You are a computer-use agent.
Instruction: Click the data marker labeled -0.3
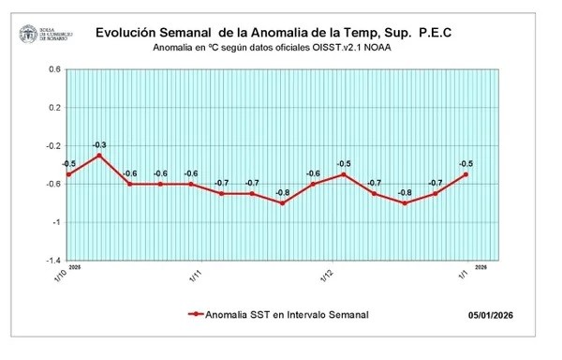coord(99,155)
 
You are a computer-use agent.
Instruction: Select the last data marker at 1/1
coord(466,174)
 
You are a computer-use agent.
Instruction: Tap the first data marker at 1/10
coord(68,174)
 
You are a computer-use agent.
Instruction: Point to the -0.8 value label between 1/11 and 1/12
coord(282,192)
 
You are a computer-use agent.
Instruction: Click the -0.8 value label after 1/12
coord(405,192)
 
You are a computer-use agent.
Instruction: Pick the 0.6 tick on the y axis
coord(53,69)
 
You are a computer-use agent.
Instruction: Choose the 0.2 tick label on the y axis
coord(53,108)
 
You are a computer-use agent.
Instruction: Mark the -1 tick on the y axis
coord(56,222)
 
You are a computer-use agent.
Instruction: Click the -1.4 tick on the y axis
coord(52,261)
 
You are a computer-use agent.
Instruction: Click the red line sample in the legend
coord(196,315)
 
